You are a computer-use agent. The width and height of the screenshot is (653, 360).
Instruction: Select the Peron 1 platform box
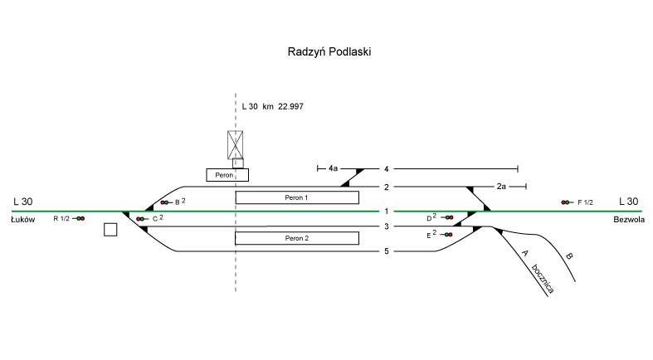297,197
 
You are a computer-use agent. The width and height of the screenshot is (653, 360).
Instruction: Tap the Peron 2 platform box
297,238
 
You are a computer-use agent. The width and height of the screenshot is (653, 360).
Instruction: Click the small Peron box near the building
228,175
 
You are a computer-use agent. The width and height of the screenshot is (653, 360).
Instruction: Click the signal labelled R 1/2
80,218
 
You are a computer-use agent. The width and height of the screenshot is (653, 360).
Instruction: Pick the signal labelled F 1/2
567,202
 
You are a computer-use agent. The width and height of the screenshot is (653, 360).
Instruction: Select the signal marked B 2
165,202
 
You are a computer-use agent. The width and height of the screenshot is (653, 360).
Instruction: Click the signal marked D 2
448,217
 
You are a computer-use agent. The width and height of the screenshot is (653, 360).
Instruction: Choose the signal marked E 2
448,235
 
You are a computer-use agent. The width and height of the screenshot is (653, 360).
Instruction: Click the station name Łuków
22,218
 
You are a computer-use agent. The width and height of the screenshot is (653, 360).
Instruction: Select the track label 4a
333,168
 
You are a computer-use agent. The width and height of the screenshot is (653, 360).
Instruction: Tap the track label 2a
501,187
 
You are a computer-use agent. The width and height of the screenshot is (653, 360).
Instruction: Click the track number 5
386,251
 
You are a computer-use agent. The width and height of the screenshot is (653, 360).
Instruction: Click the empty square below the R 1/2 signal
110,230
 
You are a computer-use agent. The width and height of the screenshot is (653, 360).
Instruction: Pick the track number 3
386,226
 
